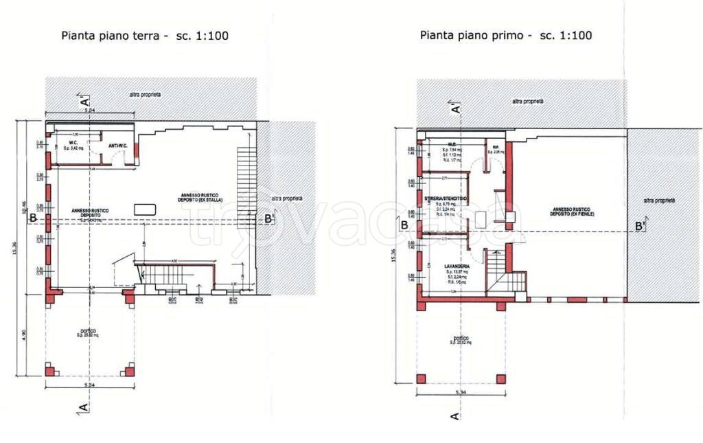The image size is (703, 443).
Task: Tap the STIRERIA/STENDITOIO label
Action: tap(446, 198)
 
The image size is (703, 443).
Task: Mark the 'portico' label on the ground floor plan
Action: tap(87, 331)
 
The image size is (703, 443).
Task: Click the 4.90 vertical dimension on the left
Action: tap(23, 334)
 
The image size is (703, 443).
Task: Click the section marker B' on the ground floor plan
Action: tap(269, 219)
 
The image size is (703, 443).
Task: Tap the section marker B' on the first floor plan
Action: tap(639, 226)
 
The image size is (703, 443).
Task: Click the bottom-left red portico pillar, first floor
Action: tap(421, 378)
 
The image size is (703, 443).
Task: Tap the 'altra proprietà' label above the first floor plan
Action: tap(527, 101)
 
